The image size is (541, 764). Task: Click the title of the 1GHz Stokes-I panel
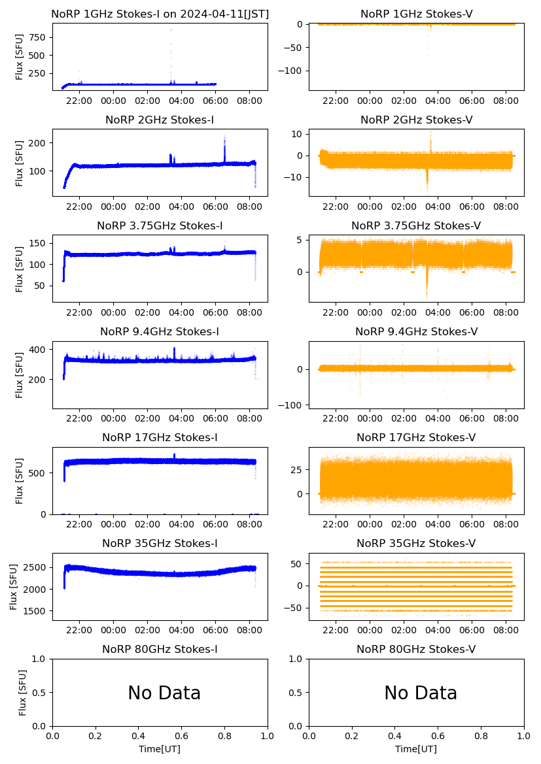coord(160,14)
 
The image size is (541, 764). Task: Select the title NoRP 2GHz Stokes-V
coord(416,120)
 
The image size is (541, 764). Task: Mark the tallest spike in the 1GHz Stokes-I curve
coord(171,30)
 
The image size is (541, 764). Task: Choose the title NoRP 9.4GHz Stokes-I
coord(160,331)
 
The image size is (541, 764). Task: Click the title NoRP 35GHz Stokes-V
coord(416,543)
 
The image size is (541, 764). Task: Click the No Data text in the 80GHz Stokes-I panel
coord(164,693)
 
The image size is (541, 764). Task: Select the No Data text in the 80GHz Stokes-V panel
coord(421,693)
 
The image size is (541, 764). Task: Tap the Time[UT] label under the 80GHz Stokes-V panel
coord(416,749)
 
